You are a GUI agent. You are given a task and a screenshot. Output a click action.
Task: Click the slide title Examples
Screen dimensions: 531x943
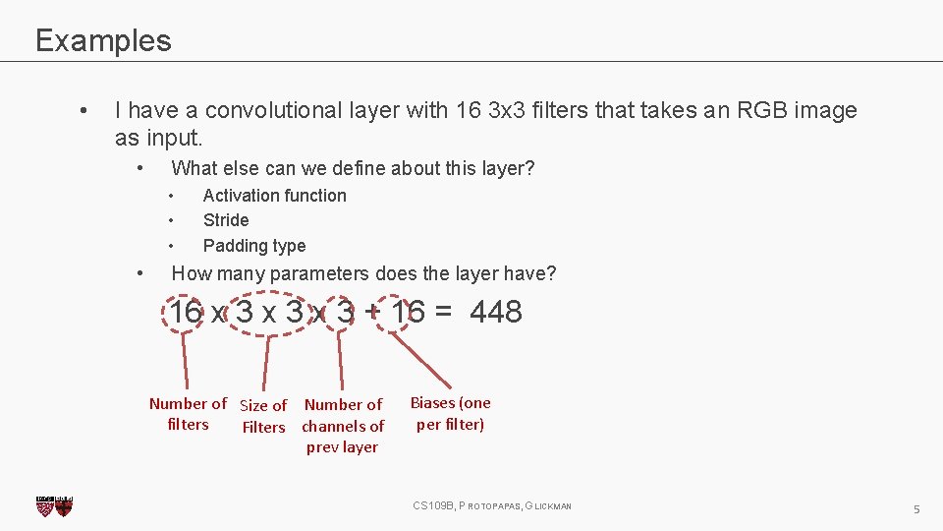[x=103, y=40]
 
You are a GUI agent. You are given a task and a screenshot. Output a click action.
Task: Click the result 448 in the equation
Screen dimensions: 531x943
[x=496, y=313]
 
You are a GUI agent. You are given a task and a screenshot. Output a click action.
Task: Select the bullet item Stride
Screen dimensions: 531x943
[x=226, y=220]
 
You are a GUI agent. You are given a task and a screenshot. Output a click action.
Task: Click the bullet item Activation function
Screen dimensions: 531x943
[x=274, y=196]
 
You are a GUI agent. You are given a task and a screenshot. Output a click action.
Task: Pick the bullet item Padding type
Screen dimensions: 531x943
[x=253, y=246]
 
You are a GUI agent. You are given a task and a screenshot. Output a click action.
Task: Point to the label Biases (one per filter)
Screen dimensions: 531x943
[x=450, y=413]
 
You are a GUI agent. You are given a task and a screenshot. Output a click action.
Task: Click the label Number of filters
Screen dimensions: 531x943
[x=188, y=414]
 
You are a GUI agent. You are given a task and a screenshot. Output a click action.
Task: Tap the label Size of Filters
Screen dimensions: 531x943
[x=263, y=416]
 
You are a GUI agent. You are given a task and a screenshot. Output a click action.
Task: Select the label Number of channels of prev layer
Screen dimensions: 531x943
[x=343, y=426]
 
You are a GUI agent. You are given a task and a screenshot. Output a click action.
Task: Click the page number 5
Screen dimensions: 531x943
[x=915, y=509]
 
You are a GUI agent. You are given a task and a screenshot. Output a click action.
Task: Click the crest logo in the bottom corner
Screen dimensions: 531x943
[x=54, y=506]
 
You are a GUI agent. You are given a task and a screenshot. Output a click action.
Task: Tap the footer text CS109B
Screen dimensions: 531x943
[x=431, y=505]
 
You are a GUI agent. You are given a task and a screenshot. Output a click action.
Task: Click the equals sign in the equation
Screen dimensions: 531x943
[x=443, y=313]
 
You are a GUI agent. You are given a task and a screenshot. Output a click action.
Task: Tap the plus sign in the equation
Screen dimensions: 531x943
[x=372, y=313]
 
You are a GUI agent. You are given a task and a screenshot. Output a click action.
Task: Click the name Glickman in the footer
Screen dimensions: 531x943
[x=549, y=505]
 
